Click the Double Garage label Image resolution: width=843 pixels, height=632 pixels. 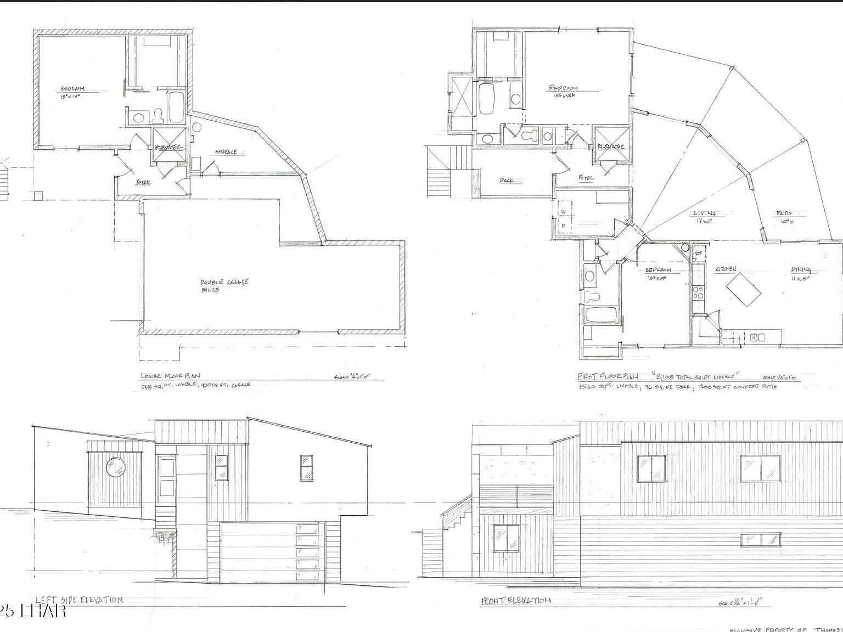tap(224, 282)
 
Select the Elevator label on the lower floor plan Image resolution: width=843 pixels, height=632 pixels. tap(168, 148)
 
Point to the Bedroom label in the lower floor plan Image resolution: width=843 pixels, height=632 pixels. tap(72, 89)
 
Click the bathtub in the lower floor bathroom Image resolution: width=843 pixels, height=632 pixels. tap(176, 108)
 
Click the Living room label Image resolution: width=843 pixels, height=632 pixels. tap(704, 213)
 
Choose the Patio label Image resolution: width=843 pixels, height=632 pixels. tap(783, 213)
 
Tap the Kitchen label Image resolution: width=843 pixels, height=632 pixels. tap(724, 269)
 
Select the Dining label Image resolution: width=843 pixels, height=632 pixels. tap(801, 269)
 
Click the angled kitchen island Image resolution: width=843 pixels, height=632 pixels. tap(744, 291)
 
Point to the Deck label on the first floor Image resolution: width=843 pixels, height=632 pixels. tap(506, 180)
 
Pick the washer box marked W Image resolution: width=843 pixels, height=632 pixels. tap(563, 211)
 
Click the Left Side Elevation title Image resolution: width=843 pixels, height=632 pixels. tap(79, 600)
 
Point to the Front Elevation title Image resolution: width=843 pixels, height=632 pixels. tap(515, 601)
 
